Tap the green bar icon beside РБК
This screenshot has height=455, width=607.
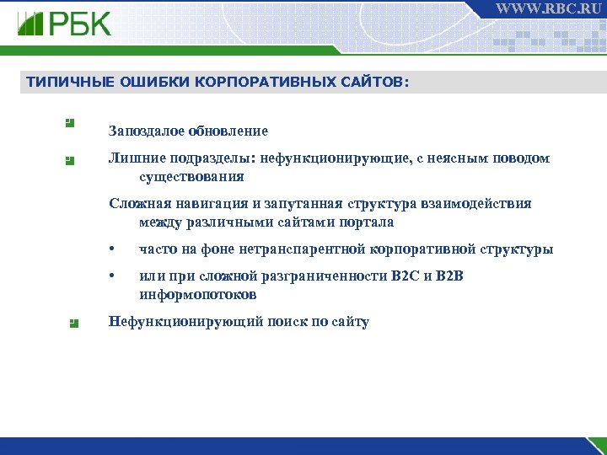[31, 23]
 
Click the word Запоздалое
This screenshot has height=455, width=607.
[146, 131]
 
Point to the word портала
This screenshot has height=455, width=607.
[365, 222]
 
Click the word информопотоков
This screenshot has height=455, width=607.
[197, 295]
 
